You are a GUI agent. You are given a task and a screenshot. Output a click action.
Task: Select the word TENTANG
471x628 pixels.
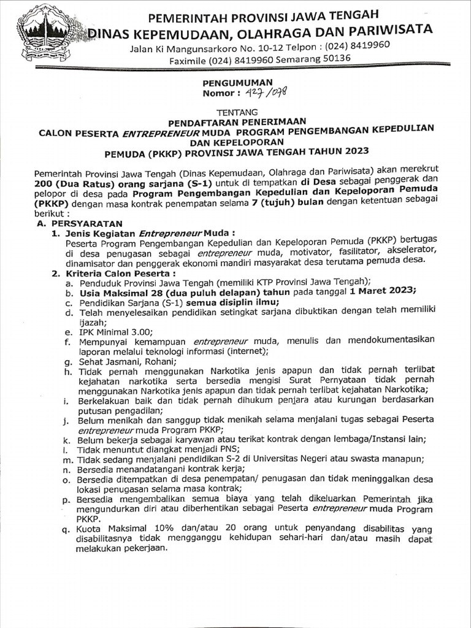coord(239,111)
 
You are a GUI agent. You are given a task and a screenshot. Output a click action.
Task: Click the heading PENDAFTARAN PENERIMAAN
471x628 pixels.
coord(237,121)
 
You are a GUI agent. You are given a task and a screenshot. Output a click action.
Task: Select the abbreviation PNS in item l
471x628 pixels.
coord(182,450)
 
